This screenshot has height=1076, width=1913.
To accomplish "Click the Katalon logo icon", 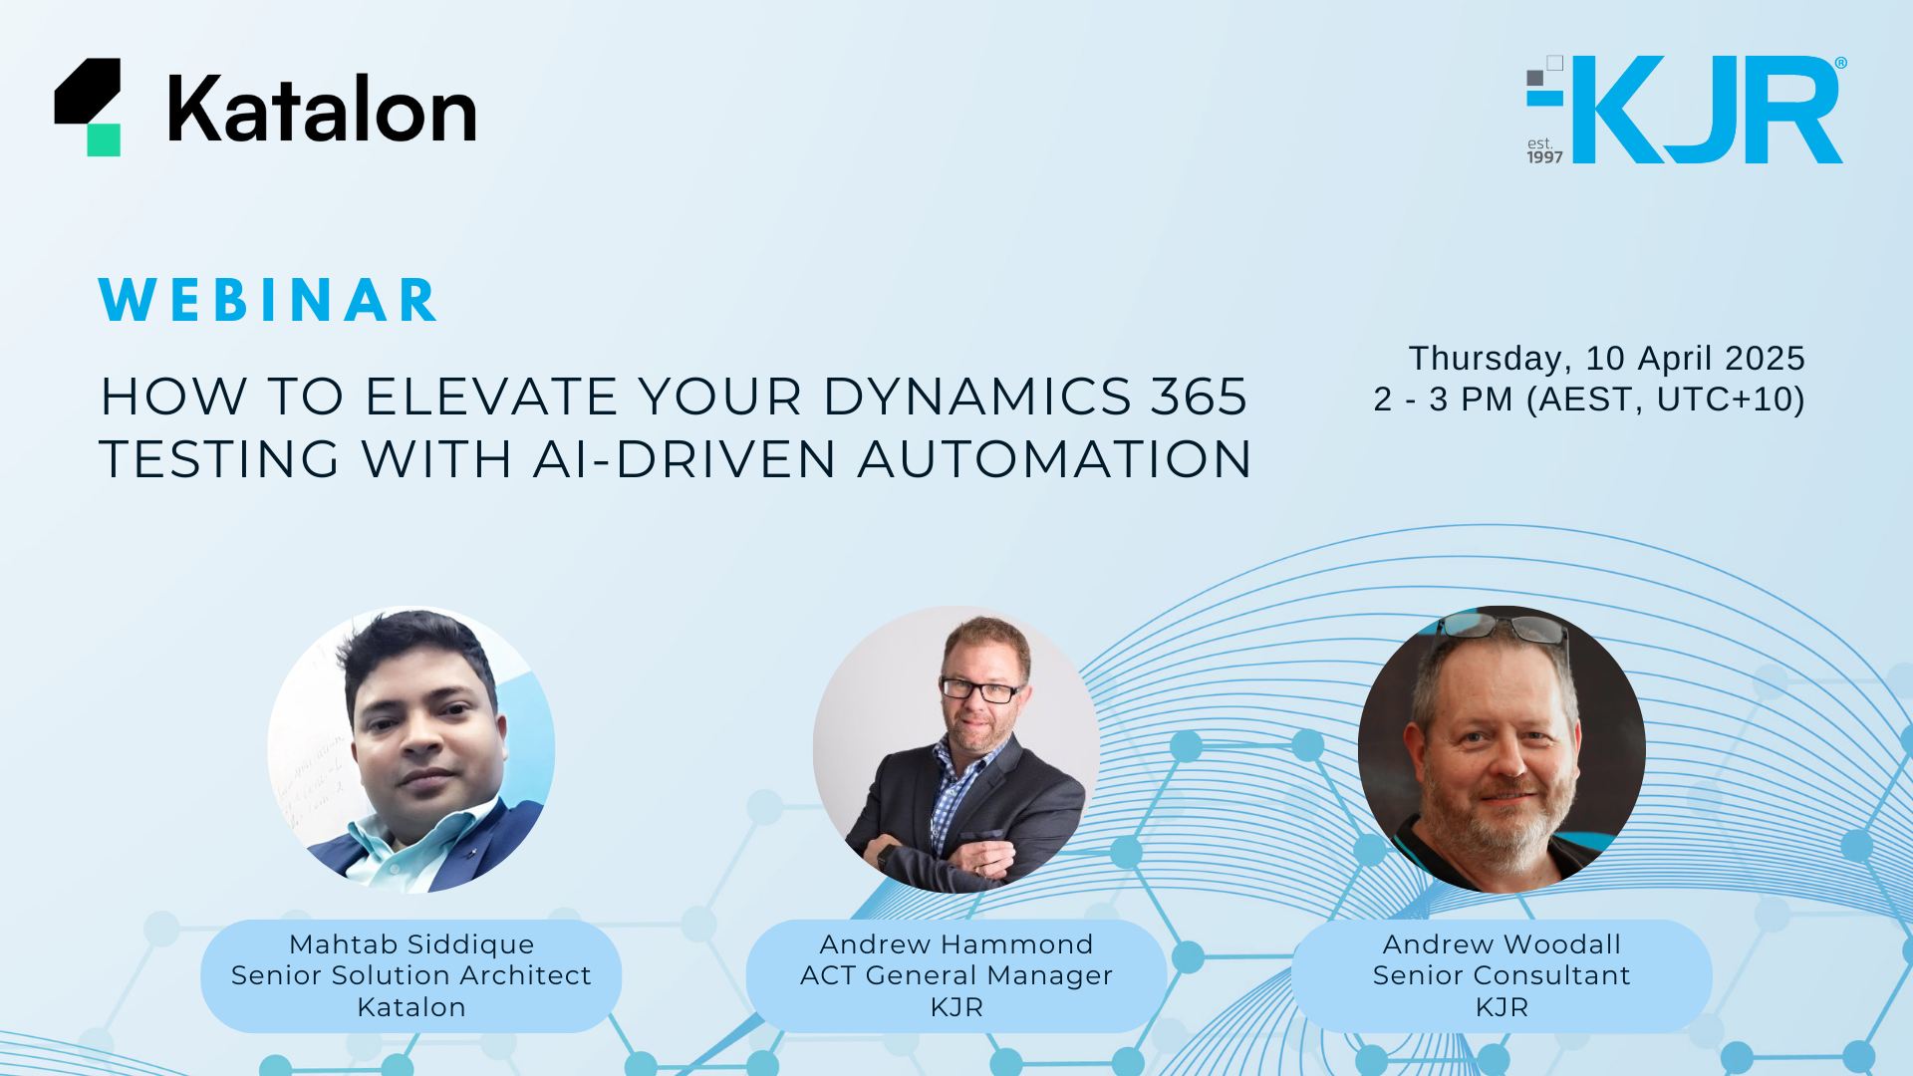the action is (x=88, y=107).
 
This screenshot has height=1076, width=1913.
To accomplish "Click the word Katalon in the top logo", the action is (x=322, y=109).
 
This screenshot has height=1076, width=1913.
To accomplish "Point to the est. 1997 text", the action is (x=1544, y=150).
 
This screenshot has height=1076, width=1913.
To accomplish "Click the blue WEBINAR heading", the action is (x=268, y=300).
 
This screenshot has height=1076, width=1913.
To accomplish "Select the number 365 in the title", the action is (x=1200, y=397).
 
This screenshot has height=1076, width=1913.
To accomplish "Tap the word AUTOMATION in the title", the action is (x=1054, y=459).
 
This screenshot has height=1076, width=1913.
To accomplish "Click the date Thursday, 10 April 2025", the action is (x=1606, y=359).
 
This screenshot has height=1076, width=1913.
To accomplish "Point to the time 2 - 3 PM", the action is (x=1443, y=400).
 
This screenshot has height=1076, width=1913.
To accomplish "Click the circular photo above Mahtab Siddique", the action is (x=411, y=749).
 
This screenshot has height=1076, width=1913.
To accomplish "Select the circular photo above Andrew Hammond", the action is (x=956, y=749).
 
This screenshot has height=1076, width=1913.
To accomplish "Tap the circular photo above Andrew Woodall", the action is (x=1502, y=749).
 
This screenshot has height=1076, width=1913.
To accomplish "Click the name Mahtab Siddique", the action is (x=411, y=944).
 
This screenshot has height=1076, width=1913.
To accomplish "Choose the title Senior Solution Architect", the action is (x=411, y=975).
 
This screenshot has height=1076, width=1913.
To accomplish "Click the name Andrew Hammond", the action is (x=956, y=943).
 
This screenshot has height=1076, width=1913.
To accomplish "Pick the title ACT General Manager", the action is (x=956, y=975).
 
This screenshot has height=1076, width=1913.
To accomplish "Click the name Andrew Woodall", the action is (x=1502, y=943).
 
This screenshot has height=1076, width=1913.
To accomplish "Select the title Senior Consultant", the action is (x=1502, y=975).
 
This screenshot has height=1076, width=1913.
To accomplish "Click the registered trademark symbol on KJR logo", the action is (x=1840, y=63).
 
